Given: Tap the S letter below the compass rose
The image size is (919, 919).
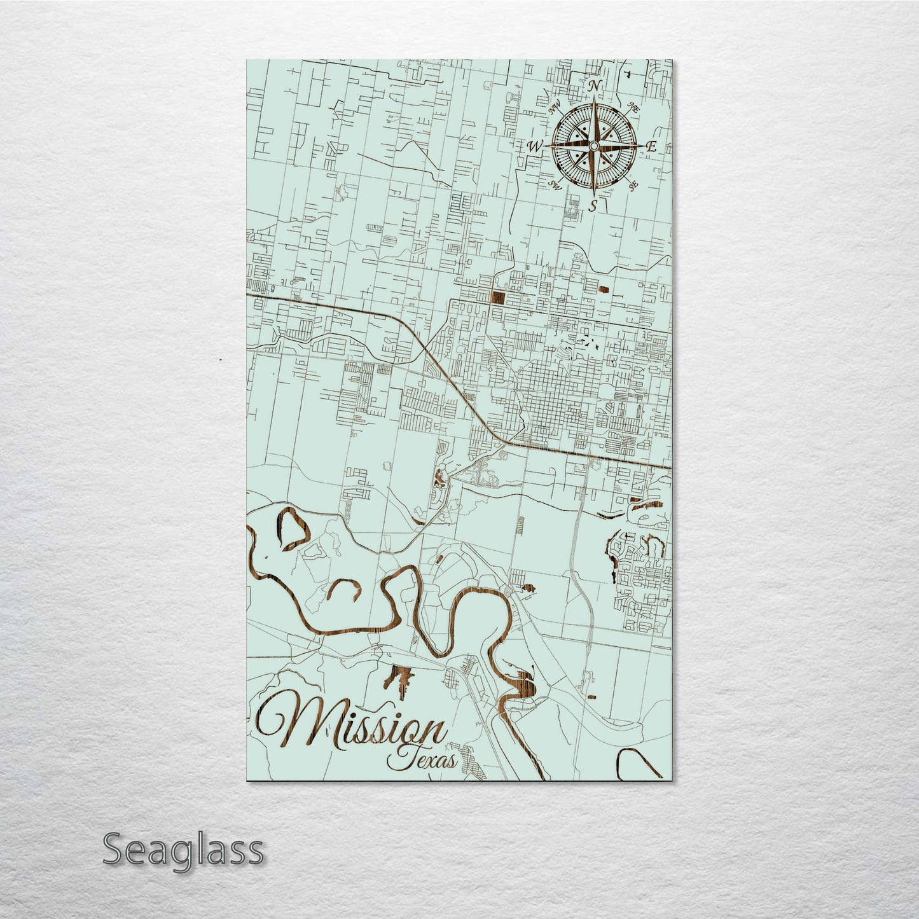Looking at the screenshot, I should (593, 205).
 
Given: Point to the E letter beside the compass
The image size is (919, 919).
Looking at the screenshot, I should (651, 146).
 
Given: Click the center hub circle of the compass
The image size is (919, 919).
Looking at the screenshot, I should (593, 146).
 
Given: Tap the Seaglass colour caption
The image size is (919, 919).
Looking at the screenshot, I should (183, 850).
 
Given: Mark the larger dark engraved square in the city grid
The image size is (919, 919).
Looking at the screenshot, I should (497, 298).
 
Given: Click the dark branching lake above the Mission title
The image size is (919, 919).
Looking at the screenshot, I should (399, 678).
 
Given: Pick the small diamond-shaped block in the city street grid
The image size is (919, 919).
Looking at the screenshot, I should (490, 369).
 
